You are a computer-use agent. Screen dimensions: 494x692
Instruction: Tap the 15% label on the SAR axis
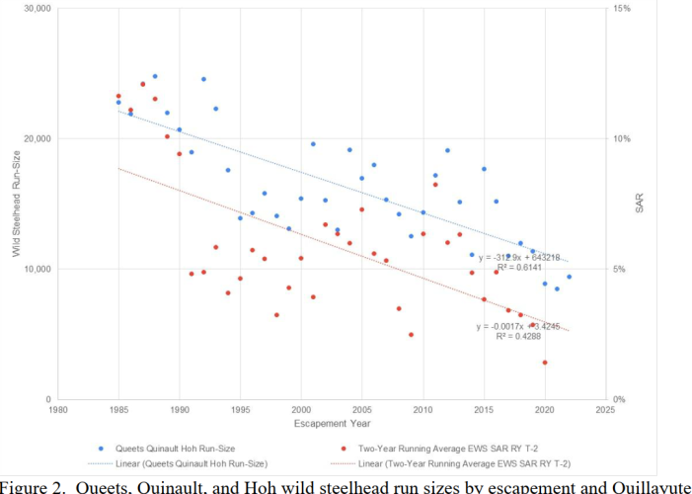623,8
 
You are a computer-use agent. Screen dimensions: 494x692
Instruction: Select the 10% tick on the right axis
623,138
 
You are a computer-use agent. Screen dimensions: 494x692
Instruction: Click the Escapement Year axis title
331,424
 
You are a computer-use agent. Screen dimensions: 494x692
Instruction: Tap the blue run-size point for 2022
569,277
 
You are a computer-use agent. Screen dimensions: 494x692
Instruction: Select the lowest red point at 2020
544,363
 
